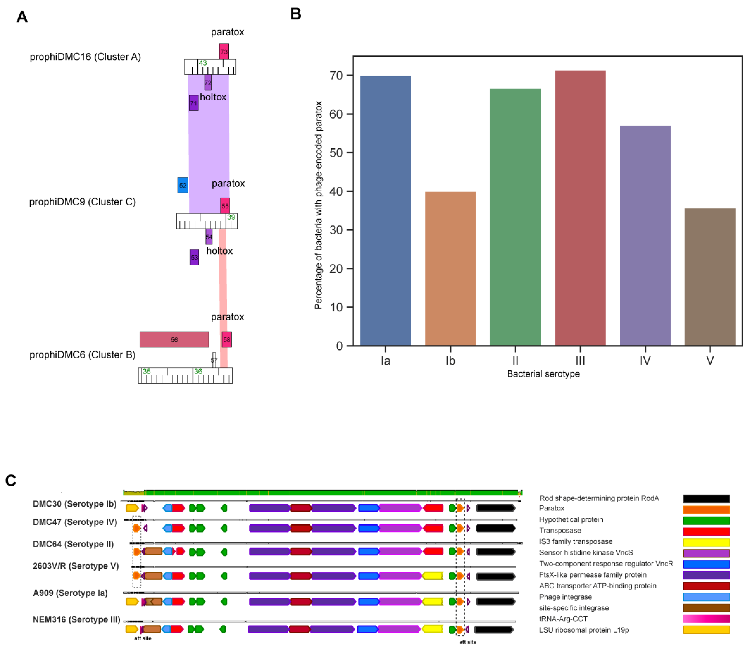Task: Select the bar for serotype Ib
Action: pos(450,268)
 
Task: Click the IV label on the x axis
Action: pos(645,361)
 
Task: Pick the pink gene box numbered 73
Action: pos(224,51)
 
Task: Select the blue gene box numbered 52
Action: pos(183,185)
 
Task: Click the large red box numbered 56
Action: pos(174,340)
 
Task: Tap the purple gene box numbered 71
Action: pos(193,103)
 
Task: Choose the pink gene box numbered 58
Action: pos(226,340)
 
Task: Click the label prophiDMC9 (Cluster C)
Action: pos(83,202)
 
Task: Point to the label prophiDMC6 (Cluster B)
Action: pos(83,355)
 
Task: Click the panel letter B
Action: pos(296,14)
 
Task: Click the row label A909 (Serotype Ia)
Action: pos(70,593)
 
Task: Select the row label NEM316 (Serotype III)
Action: pos(76,620)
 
